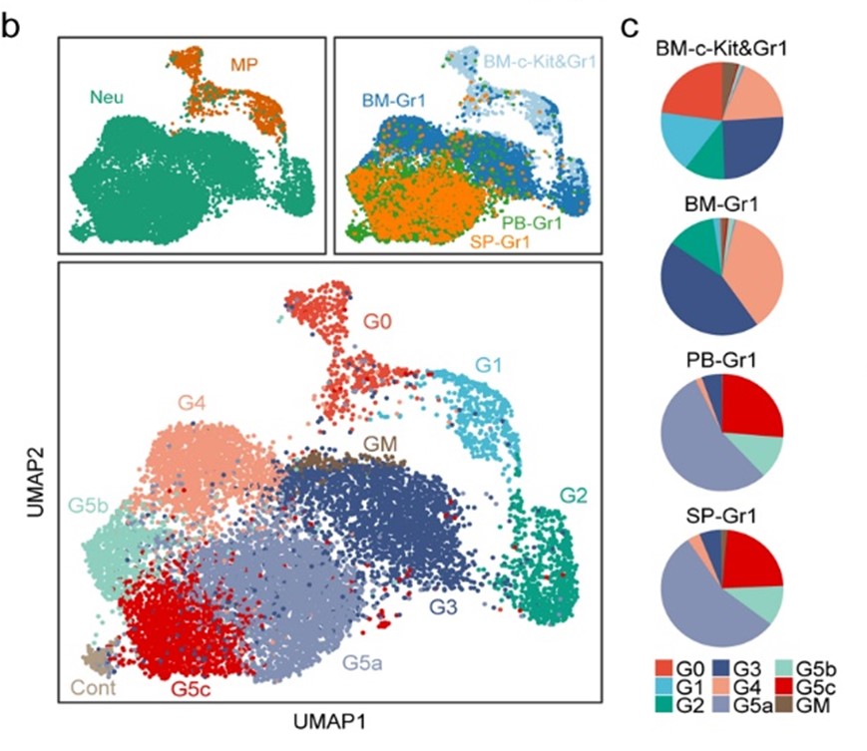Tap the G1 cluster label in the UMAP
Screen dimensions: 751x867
pos(487,366)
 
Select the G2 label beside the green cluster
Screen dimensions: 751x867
pos(574,494)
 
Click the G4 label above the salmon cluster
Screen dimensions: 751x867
pos(195,404)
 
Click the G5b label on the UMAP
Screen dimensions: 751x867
pos(88,504)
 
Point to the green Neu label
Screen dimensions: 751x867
pos(101,96)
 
